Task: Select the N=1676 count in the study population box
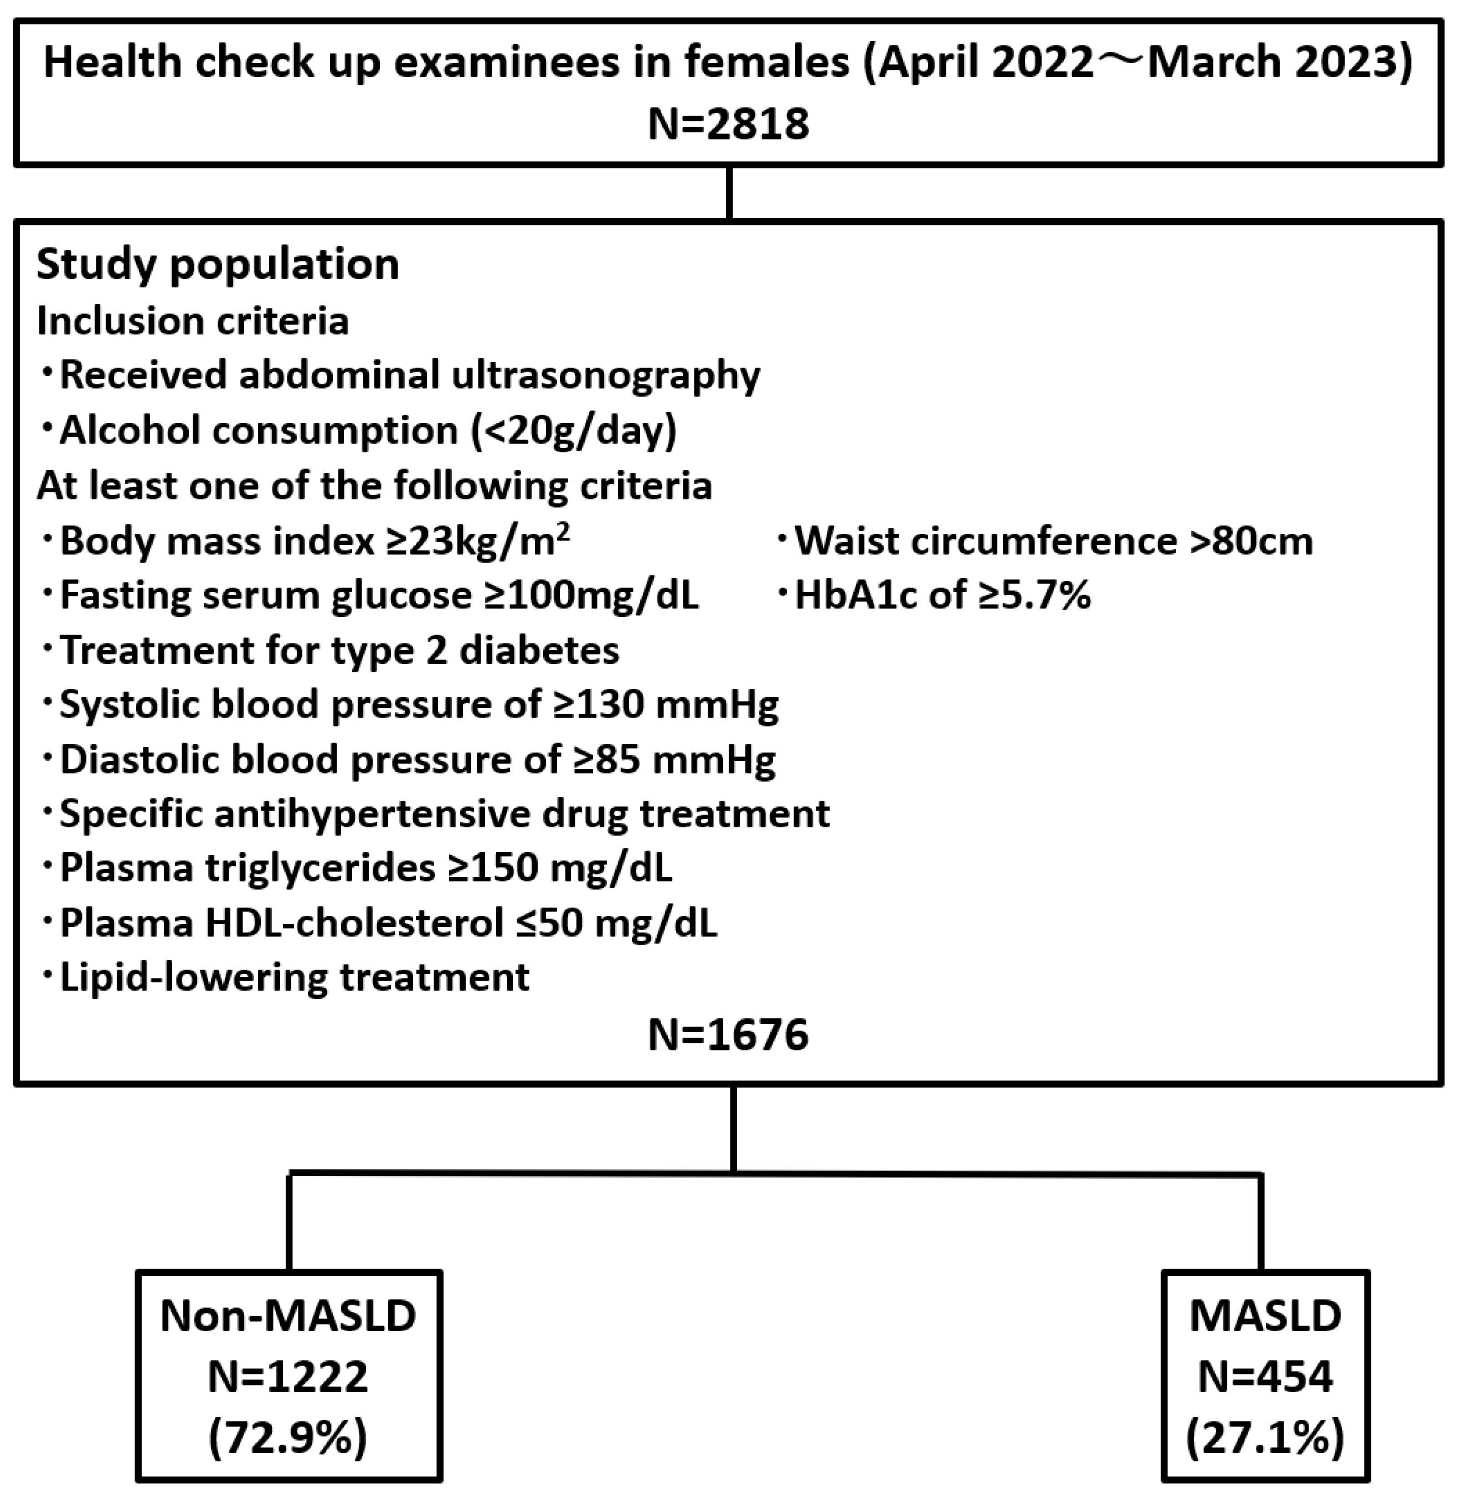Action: tap(728, 1034)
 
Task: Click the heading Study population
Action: tap(218, 264)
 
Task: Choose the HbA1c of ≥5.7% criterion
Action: tap(942, 595)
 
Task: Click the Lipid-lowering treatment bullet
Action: tap(295, 977)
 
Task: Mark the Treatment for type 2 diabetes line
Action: tap(339, 650)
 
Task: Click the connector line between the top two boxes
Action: tap(729, 193)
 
